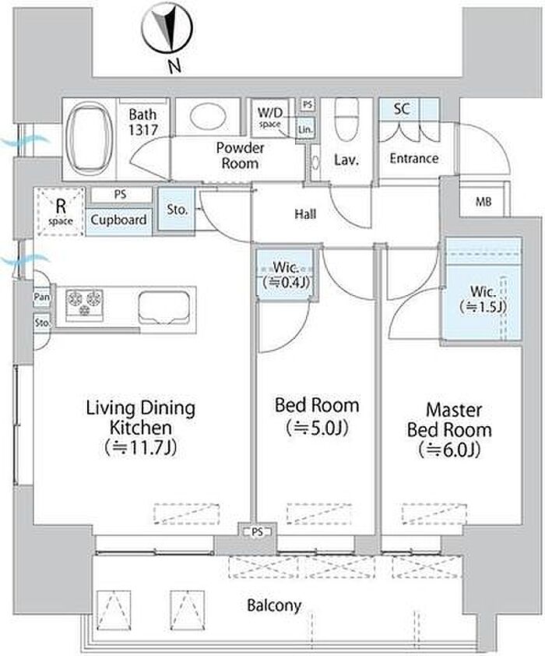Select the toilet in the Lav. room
(x=347, y=120)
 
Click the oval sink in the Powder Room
(x=208, y=116)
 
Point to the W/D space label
(x=269, y=117)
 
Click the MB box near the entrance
(x=483, y=202)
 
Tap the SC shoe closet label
(x=401, y=108)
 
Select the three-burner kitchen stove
(x=84, y=302)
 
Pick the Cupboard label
(x=118, y=220)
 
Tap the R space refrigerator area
(x=60, y=212)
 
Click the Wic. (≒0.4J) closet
(x=286, y=274)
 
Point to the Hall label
(x=305, y=214)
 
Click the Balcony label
(x=274, y=605)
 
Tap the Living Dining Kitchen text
(x=141, y=428)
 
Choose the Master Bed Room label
(x=450, y=429)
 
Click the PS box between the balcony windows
(x=258, y=532)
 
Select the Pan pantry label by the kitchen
(x=42, y=297)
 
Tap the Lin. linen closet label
(x=305, y=129)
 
